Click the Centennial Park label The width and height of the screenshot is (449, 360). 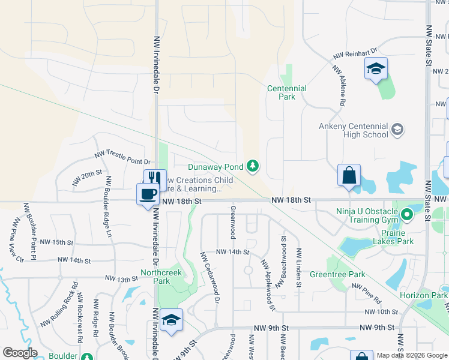286,92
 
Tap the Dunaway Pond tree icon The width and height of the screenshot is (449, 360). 253,166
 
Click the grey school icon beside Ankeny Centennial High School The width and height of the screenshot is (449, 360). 397,130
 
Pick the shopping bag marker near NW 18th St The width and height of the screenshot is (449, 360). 349,175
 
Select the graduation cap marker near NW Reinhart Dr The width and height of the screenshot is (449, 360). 376,68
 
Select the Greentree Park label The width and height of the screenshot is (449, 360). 337,275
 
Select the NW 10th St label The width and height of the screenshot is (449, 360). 381,312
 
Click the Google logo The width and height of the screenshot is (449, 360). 20,353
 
